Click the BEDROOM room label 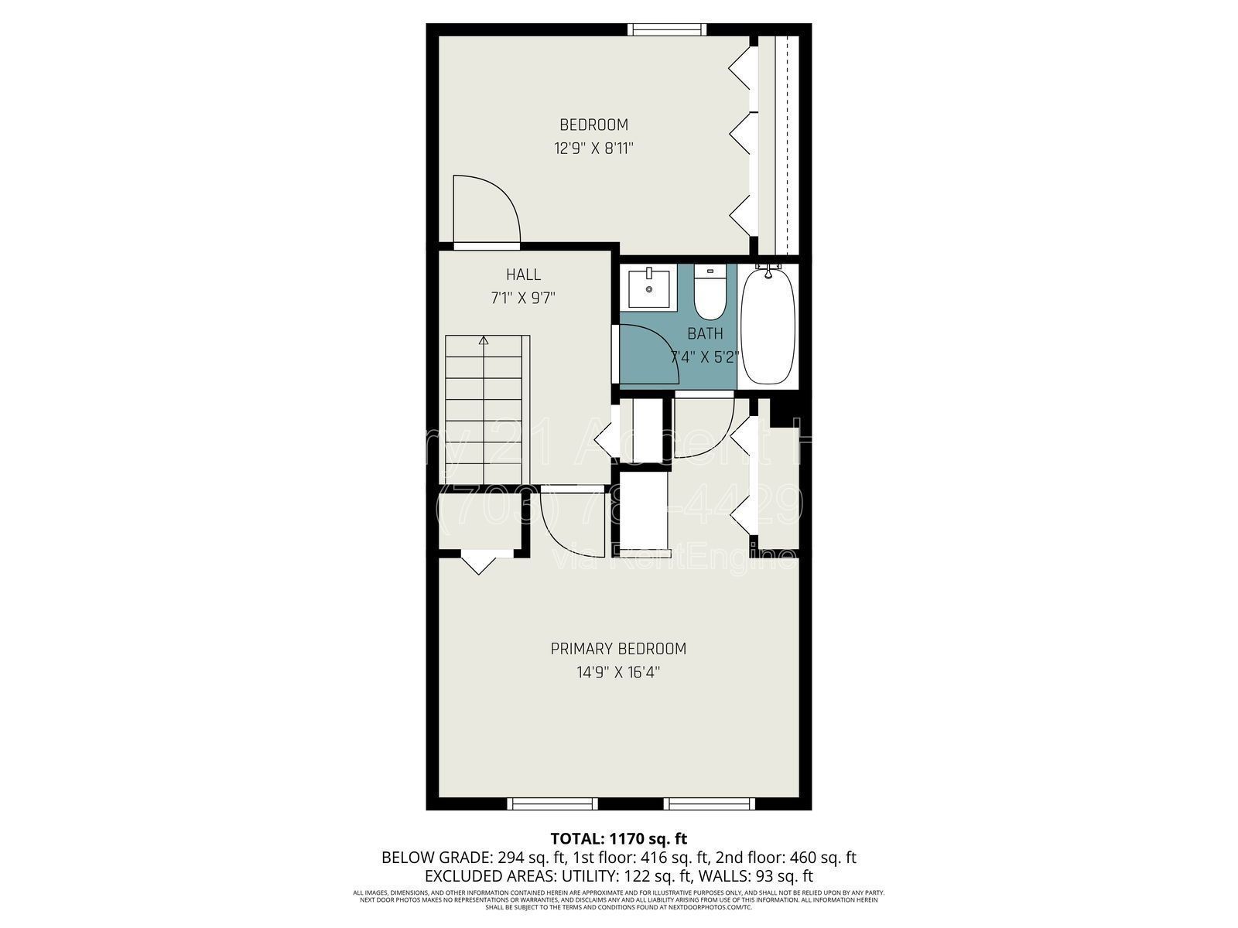tap(593, 125)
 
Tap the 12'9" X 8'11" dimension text tap(593, 148)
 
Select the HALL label tap(523, 275)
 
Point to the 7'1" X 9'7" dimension tap(523, 298)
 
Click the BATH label tap(705, 334)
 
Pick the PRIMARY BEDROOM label tap(618, 649)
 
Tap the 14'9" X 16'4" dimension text tap(618, 673)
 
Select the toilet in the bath tap(710, 294)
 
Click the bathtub tap(768, 325)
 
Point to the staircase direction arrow tap(484, 340)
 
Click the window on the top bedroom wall tap(666, 29)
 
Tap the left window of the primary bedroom tap(552, 804)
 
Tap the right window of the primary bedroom tap(710, 804)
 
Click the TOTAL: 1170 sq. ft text tap(618, 838)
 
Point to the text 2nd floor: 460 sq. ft tap(785, 858)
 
